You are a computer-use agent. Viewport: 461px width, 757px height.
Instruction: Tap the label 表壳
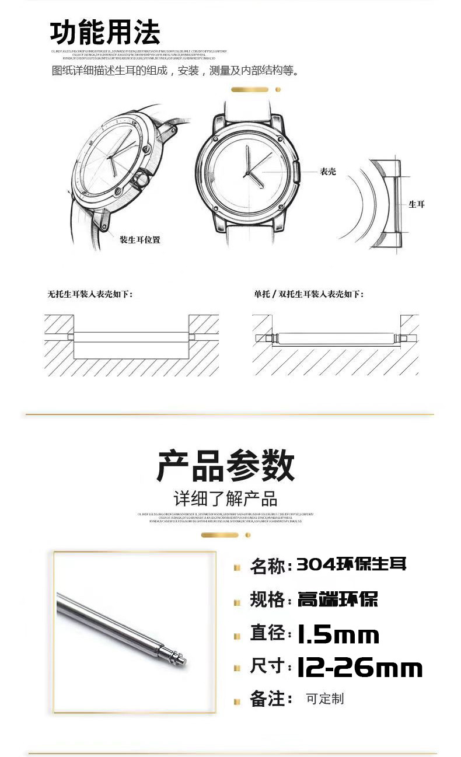coord(327,172)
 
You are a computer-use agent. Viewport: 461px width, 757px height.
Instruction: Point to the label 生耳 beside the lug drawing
coord(416,204)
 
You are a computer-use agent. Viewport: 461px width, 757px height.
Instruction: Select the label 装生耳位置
coord(140,240)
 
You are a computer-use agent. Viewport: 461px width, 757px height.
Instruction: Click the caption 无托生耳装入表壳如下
coord(90,294)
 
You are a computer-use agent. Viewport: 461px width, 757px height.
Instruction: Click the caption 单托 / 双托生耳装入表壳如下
coord(308,294)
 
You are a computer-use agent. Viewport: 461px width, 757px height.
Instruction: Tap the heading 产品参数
coord(226,466)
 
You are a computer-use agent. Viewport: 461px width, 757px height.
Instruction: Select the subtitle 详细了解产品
coord(226,498)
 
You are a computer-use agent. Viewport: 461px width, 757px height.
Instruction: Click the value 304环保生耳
coord(351,564)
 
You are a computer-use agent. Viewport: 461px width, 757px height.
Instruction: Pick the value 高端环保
coord(338,599)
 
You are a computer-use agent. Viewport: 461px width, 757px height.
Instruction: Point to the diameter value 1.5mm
coord(338,634)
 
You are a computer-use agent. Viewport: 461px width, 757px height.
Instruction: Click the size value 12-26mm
coord(359,668)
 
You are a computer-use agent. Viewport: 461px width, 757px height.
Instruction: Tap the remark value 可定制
coord(325,699)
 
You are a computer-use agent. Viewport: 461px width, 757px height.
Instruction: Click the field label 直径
coord(267,633)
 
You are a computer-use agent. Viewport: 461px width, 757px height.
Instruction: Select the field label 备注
coord(267,699)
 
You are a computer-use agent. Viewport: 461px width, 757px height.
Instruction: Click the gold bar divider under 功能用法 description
coord(250,90)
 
